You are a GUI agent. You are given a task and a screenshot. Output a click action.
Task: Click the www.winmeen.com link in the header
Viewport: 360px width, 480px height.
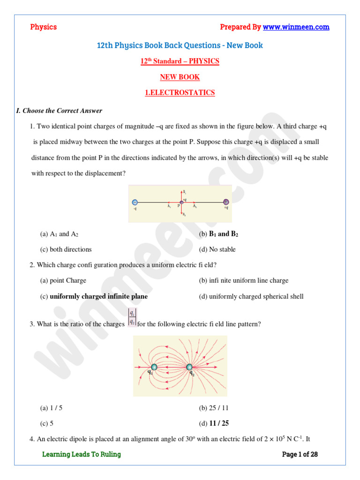point(296,27)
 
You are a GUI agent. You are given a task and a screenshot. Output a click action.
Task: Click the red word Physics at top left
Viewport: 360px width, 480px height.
point(43,27)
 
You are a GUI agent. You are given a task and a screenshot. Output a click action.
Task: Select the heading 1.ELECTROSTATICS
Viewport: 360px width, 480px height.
point(180,93)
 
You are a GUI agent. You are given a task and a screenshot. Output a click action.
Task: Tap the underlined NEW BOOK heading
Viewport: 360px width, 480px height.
point(180,77)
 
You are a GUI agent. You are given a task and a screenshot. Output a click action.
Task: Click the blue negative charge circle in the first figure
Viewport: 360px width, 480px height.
point(135,202)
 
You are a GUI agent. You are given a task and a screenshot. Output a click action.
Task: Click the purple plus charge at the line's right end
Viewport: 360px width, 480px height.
point(226,202)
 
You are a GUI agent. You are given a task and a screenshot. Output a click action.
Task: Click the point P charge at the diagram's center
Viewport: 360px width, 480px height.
point(181,202)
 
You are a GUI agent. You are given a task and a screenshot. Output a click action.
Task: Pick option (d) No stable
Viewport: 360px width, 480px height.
point(217,249)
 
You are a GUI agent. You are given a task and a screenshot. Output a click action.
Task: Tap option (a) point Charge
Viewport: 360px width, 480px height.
point(63,280)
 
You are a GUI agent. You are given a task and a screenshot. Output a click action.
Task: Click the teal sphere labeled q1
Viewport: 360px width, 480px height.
point(153,367)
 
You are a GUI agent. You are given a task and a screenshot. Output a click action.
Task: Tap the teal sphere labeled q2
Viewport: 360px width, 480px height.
point(189,367)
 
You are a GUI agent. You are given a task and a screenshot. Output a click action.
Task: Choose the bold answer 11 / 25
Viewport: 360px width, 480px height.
point(214,423)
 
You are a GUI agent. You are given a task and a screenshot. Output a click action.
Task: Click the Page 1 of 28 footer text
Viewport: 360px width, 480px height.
point(300,454)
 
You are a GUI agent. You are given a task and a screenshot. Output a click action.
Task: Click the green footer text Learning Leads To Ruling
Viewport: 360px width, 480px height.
point(82,454)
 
